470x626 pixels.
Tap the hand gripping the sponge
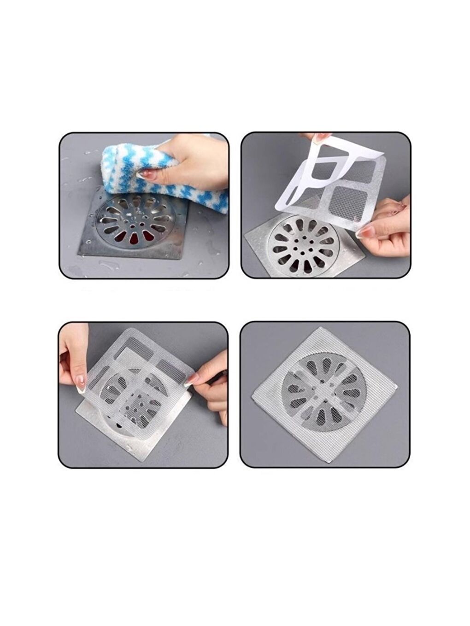tap(194, 159)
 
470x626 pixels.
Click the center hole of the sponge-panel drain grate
tap(133, 226)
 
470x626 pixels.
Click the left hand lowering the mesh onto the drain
tap(74, 354)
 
